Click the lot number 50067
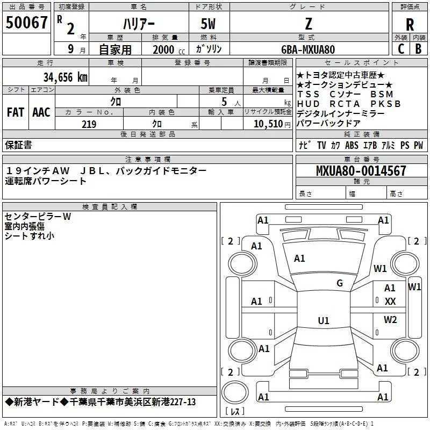coord(27,23)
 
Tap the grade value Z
coord(308,24)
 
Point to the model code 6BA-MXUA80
coord(308,49)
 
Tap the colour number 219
coord(89,124)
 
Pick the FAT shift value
coord(16,112)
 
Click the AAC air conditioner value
coord(41,112)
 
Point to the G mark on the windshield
coord(340,283)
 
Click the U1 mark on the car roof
coord(323,321)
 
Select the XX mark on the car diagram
coord(390,302)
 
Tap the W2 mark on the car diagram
coord(390,320)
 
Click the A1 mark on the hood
coord(299,259)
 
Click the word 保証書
coord(18,145)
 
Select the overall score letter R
coord(410,25)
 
